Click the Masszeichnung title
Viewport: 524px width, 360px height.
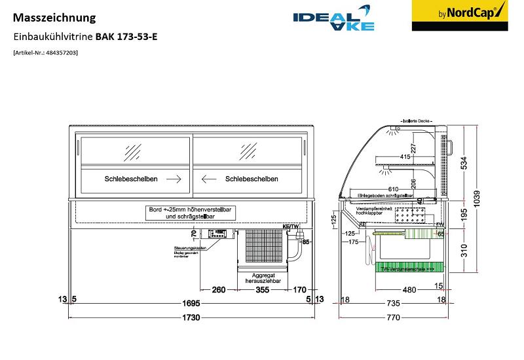[54, 18]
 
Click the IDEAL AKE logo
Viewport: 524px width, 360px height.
[334, 21]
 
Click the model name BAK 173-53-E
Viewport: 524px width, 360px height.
[126, 37]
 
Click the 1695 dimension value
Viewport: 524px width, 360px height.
[191, 303]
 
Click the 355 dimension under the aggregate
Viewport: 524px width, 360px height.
[262, 290]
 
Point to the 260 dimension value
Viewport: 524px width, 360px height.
[219, 290]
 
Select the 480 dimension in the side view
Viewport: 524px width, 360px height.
[409, 290]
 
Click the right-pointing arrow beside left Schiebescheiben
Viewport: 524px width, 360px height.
[174, 179]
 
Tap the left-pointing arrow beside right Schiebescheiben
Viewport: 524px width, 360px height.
[209, 179]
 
